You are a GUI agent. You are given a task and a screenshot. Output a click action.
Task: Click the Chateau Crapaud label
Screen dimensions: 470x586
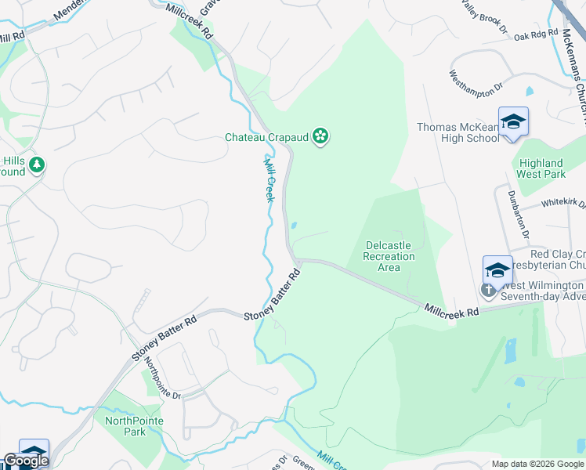pyautogui.click(x=267, y=137)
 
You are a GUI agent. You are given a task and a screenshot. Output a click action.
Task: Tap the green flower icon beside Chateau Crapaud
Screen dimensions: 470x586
pyautogui.click(x=320, y=137)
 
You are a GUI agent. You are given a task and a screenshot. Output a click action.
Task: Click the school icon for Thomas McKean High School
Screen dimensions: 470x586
pyautogui.click(x=513, y=121)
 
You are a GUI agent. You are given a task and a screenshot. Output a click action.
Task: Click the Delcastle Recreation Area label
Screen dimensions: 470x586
pyautogui.click(x=389, y=256)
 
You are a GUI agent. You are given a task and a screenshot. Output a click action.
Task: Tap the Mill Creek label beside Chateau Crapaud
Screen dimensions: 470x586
pyautogui.click(x=269, y=179)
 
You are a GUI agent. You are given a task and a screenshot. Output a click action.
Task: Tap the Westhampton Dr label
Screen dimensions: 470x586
pyautogui.click(x=475, y=84)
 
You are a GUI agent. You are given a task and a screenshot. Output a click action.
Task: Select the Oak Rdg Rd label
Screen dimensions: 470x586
pyautogui.click(x=534, y=34)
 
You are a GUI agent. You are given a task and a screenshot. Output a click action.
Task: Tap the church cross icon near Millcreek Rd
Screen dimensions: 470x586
pyautogui.click(x=487, y=291)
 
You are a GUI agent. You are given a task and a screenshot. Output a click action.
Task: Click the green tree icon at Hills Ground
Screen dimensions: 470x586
pyautogui.click(x=36, y=165)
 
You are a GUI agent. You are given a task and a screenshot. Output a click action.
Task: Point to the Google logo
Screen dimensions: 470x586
pyautogui.click(x=26, y=461)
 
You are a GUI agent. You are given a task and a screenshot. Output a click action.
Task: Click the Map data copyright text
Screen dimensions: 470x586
pyautogui.click(x=537, y=464)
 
